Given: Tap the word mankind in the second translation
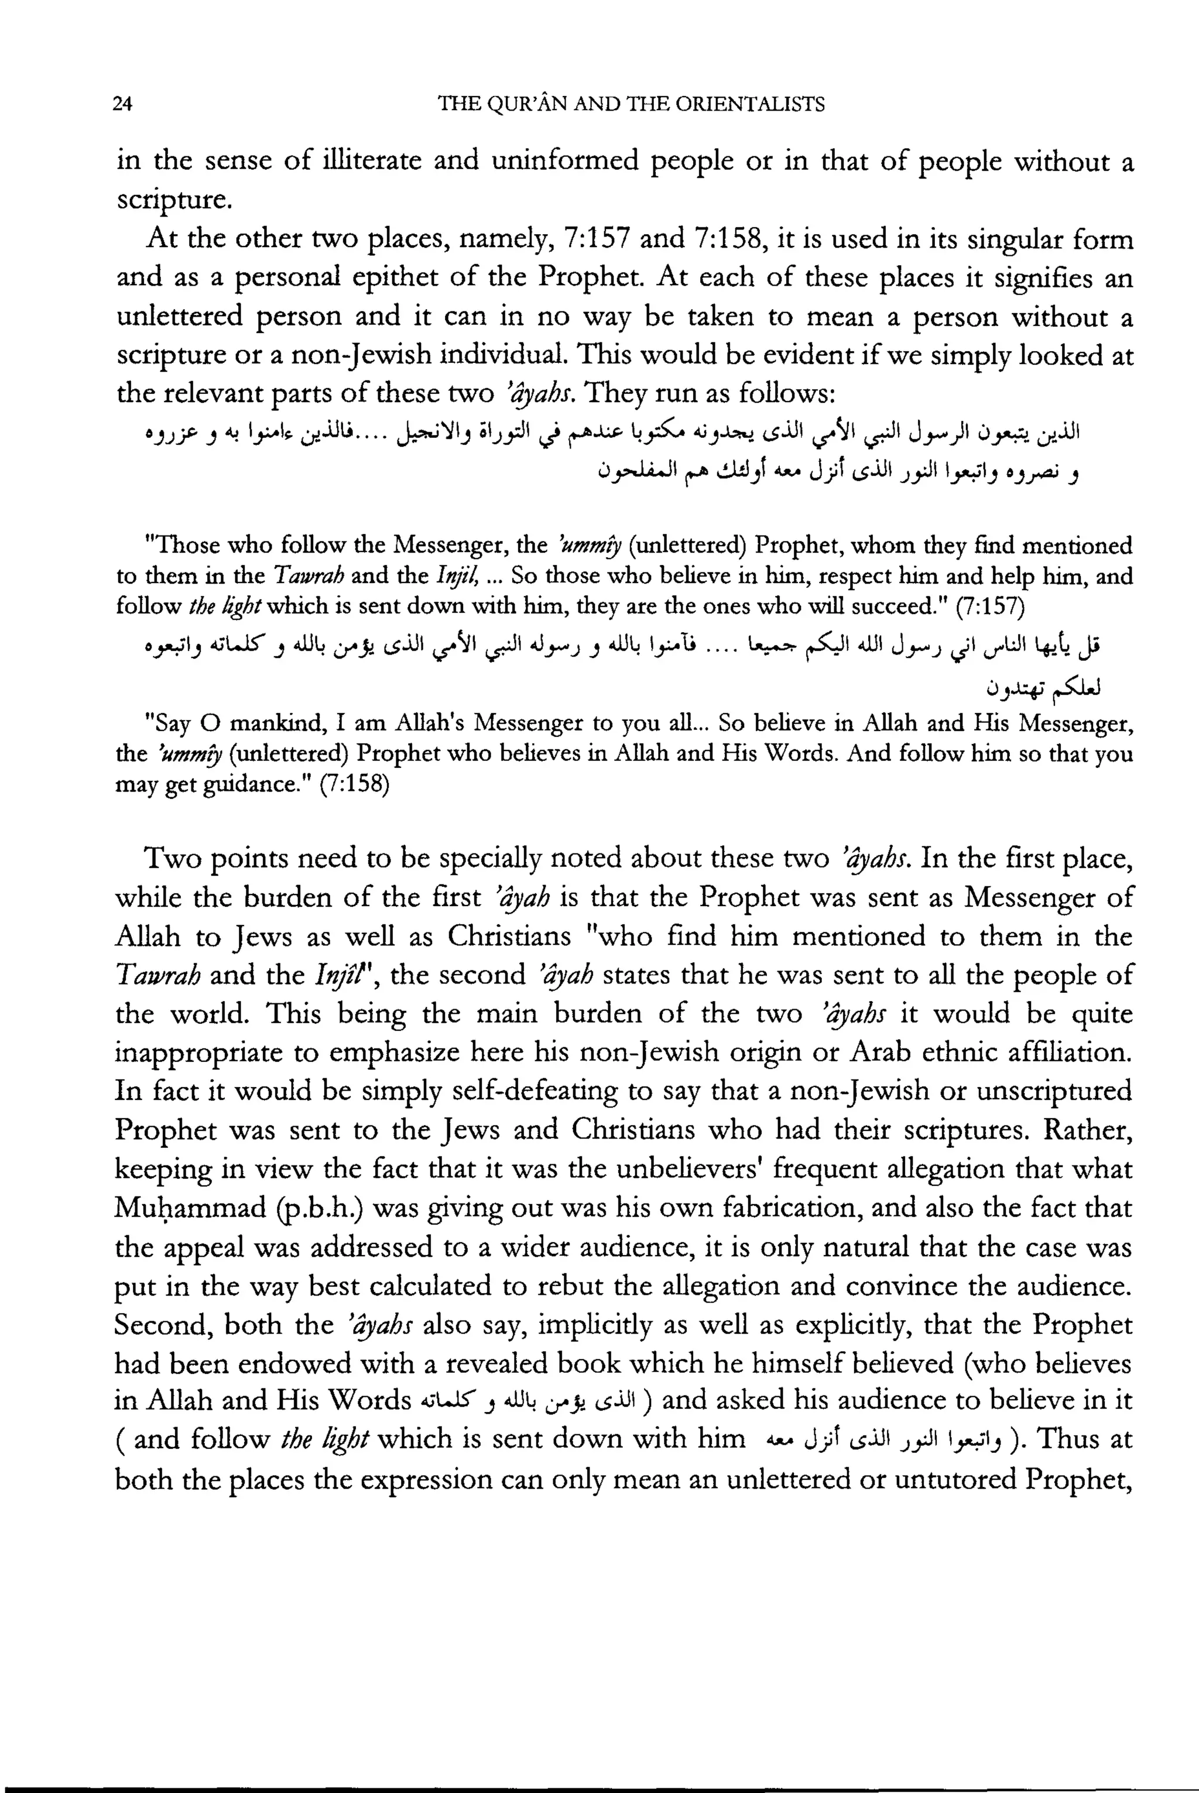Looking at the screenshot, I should (272, 724).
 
